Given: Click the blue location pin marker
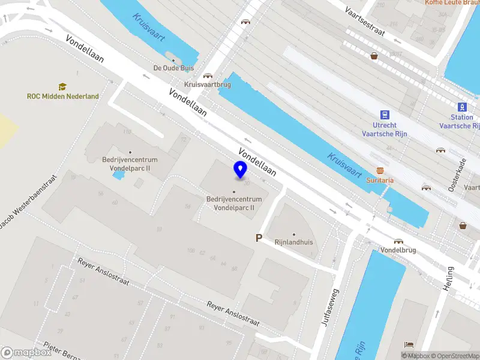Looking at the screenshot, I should tap(241, 170).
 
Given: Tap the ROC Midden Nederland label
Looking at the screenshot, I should tap(63, 97).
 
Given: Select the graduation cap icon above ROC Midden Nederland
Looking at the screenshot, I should tap(62, 87).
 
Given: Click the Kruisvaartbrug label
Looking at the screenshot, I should tap(208, 85).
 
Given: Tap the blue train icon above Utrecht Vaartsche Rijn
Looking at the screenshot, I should tap(385, 115).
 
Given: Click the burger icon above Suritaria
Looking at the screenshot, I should tap(380, 171).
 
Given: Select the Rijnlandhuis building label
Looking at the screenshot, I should tap(294, 242).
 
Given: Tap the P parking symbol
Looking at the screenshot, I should tap(259, 238).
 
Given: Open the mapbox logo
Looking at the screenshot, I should tap(26, 353).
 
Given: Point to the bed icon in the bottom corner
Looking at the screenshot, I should tap(409, 345).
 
